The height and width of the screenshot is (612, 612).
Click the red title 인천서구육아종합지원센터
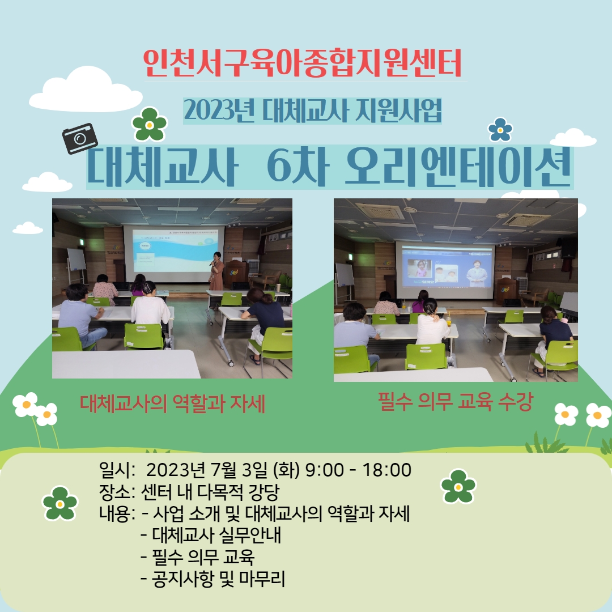[x=303, y=63]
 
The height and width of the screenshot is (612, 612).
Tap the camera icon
[x=80, y=139]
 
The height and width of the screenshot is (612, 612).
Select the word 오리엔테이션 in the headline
[x=457, y=167]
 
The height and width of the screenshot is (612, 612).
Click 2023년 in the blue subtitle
[x=219, y=110]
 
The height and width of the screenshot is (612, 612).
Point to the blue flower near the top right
[x=500, y=130]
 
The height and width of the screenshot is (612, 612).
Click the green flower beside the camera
[x=150, y=124]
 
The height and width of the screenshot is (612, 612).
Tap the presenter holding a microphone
[x=216, y=270]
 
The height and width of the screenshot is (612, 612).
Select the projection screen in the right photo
[x=445, y=270]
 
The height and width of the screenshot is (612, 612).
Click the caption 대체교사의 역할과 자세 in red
[x=172, y=403]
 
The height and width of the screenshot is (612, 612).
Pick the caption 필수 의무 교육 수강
[x=455, y=402]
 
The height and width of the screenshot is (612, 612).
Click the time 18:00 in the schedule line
[x=387, y=470]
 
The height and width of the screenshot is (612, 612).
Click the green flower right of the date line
[x=458, y=486]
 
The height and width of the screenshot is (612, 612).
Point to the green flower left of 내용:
[x=60, y=504]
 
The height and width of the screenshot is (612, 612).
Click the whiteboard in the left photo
[x=76, y=260]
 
